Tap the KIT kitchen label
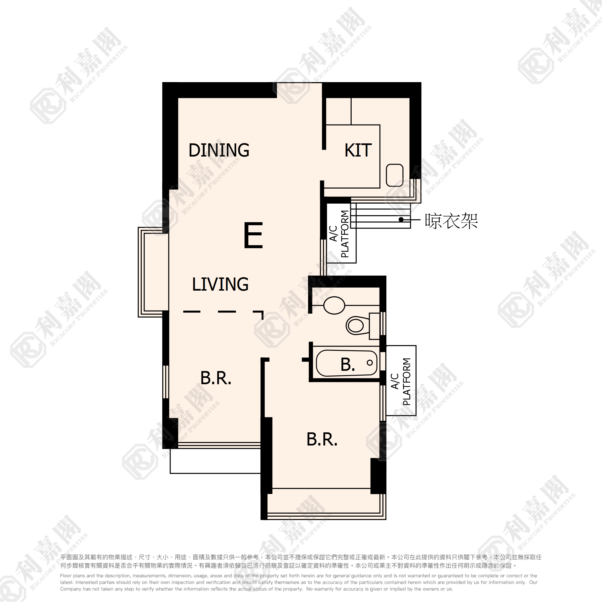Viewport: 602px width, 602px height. (358, 150)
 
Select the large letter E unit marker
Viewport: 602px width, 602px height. (253, 235)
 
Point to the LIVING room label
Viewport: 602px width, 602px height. (220, 284)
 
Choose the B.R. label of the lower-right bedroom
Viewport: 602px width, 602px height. (322, 439)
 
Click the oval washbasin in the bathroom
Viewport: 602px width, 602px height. (334, 305)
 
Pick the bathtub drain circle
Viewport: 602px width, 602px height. (370, 363)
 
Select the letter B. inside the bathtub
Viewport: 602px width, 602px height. (348, 364)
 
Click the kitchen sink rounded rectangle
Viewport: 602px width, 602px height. (395, 175)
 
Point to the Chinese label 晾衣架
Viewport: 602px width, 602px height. (451, 221)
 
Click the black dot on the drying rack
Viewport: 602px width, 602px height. (401, 220)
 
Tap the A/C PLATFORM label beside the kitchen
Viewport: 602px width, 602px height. (339, 234)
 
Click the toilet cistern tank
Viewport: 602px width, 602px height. (375, 326)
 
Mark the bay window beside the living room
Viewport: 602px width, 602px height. (154, 272)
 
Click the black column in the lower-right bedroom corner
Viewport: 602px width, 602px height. (378, 476)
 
